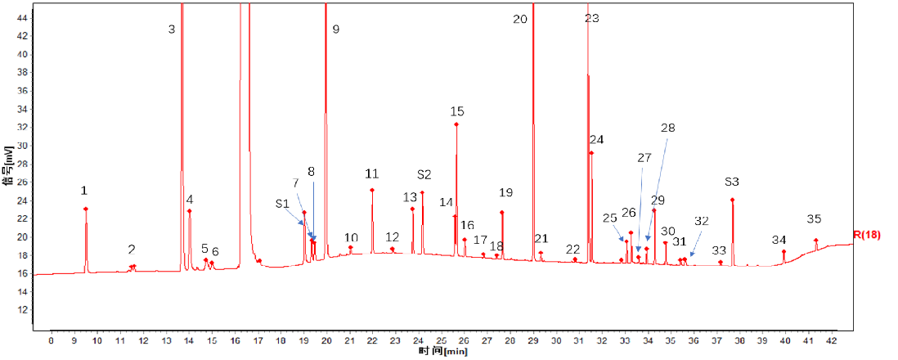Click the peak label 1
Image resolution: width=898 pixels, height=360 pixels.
pyautogui.click(x=84, y=191)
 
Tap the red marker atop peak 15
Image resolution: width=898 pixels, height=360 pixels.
pyautogui.click(x=456, y=124)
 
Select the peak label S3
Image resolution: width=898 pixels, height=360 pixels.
pyautogui.click(x=732, y=182)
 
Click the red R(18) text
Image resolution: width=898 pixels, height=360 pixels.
pyautogui.click(x=869, y=235)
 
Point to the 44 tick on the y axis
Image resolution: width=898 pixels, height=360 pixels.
pyautogui.click(x=23, y=17)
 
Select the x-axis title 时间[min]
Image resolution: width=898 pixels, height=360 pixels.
pyautogui.click(x=442, y=351)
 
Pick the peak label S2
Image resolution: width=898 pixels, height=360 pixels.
pyautogui.click(x=424, y=175)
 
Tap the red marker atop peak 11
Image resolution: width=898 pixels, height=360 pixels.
pyautogui.click(x=372, y=191)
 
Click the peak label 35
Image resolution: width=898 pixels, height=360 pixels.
pyautogui.click(x=814, y=219)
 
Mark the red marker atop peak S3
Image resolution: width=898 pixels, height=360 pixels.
pyautogui.click(x=732, y=200)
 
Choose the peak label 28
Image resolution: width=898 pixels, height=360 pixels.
pyautogui.click(x=668, y=128)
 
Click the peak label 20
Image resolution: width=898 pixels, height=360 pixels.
pyautogui.click(x=520, y=19)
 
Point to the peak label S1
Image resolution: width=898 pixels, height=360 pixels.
pyautogui.click(x=282, y=203)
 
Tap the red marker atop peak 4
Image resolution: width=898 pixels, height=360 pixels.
pyautogui.click(x=189, y=211)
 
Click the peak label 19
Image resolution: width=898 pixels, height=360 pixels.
pyautogui.click(x=505, y=193)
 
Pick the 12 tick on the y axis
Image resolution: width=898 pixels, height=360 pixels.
pyautogui.click(x=23, y=310)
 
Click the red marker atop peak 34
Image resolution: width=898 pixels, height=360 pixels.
pyautogui.click(x=784, y=252)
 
